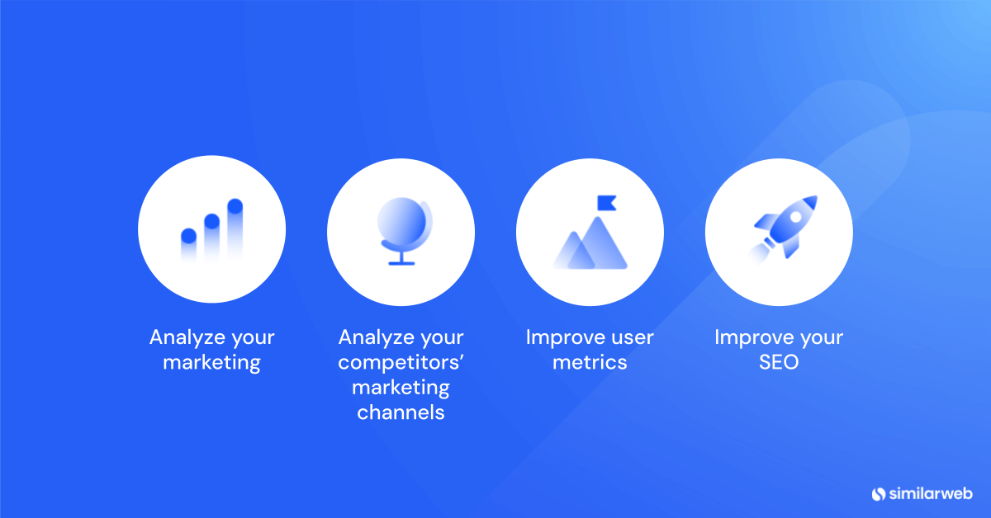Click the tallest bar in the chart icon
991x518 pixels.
tap(235, 229)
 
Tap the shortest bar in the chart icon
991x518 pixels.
tap(188, 245)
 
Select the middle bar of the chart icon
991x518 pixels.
tap(212, 238)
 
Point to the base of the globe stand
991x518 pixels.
tap(401, 263)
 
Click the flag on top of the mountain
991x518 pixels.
tap(606, 203)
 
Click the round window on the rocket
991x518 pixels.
tap(795, 217)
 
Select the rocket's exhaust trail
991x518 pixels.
tap(759, 252)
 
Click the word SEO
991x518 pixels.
tap(779, 362)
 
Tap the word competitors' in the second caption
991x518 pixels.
tap(401, 363)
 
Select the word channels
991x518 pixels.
tap(401, 412)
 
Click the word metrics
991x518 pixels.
tap(590, 362)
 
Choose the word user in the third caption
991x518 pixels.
tap(633, 337)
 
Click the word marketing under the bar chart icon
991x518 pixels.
tap(211, 363)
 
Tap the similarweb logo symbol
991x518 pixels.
tap(878, 494)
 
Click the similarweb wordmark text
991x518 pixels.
tap(931, 493)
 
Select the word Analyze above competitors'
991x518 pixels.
tap(376, 338)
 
